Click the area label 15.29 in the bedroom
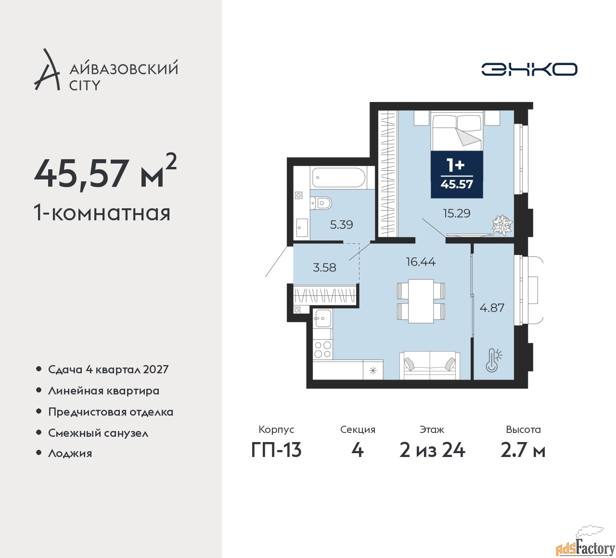click(457, 213)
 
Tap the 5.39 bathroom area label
click(342, 225)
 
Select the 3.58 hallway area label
click(324, 267)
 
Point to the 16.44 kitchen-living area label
click(421, 262)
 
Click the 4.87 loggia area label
click(492, 308)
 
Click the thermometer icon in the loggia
click(493, 360)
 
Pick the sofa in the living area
click(430, 366)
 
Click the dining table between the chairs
click(421, 301)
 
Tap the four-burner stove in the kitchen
click(322, 349)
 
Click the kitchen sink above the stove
click(322, 318)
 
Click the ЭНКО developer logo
click(529, 69)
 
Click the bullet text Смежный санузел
click(98, 433)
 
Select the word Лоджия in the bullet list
click(70, 453)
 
